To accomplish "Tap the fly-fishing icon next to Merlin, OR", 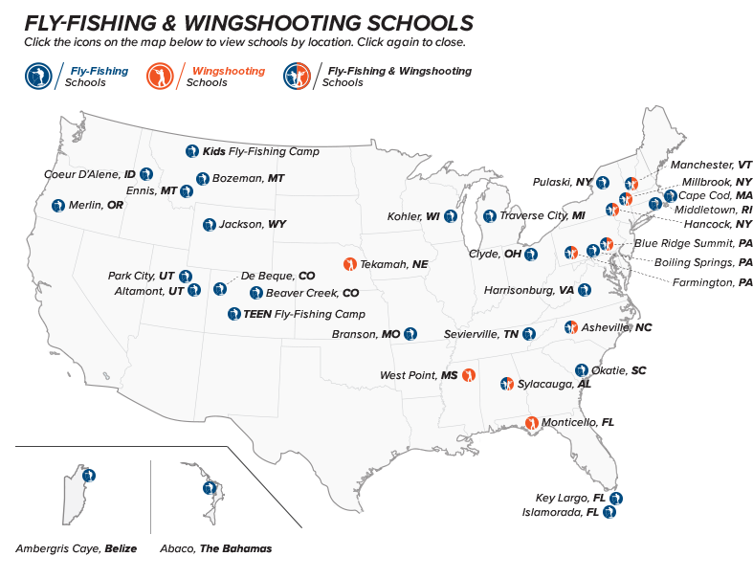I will pyautogui.click(x=58, y=205).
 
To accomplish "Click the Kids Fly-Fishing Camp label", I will pyautogui.click(x=260, y=151).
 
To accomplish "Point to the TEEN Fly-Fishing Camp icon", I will pyautogui.click(x=234, y=313).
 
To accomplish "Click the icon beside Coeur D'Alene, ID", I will pyautogui.click(x=145, y=174).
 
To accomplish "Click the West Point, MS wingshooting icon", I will pyautogui.click(x=469, y=374).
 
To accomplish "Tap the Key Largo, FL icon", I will pyautogui.click(x=616, y=498).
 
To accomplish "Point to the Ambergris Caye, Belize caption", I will pyautogui.click(x=77, y=548).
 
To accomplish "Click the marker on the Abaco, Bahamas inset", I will pyautogui.click(x=205, y=488).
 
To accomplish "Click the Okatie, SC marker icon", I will pyautogui.click(x=581, y=369).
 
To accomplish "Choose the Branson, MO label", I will pyautogui.click(x=365, y=334).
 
